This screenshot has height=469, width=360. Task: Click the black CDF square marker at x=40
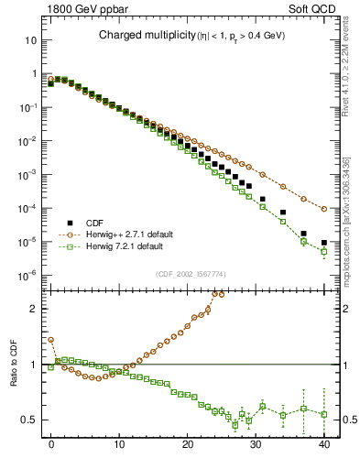[x=324, y=243]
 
